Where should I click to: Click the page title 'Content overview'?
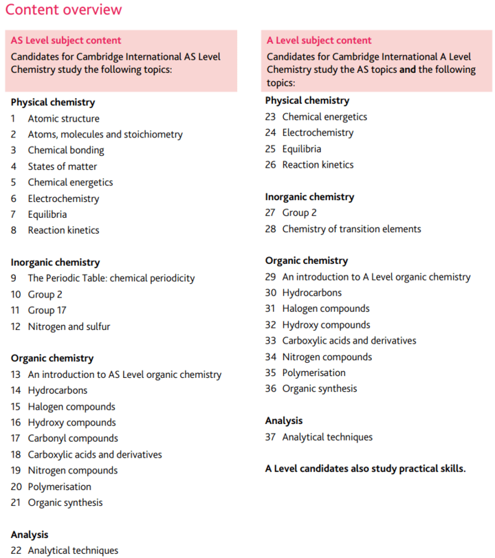[63, 10]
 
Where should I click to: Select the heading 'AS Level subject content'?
[66, 41]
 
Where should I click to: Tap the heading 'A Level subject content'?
[319, 41]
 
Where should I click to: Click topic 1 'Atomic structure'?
[63, 118]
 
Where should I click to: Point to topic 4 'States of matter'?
[62, 166]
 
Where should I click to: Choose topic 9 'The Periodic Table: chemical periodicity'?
[111, 278]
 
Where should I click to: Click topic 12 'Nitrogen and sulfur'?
[69, 326]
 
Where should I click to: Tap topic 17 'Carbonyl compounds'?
[73, 438]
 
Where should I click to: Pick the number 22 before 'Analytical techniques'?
[16, 550]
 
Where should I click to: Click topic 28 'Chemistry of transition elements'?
[351, 229]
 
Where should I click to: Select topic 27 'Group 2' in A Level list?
[299, 213]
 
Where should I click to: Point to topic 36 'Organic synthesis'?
[319, 389]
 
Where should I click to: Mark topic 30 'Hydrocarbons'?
[311, 293]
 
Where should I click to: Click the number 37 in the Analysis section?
[270, 437]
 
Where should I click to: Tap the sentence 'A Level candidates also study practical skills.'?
[365, 469]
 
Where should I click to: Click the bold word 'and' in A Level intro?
[409, 70]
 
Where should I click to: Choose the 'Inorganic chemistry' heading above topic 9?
[55, 263]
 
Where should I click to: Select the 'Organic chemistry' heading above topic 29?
[307, 260]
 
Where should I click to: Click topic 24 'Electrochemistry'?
[318, 133]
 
